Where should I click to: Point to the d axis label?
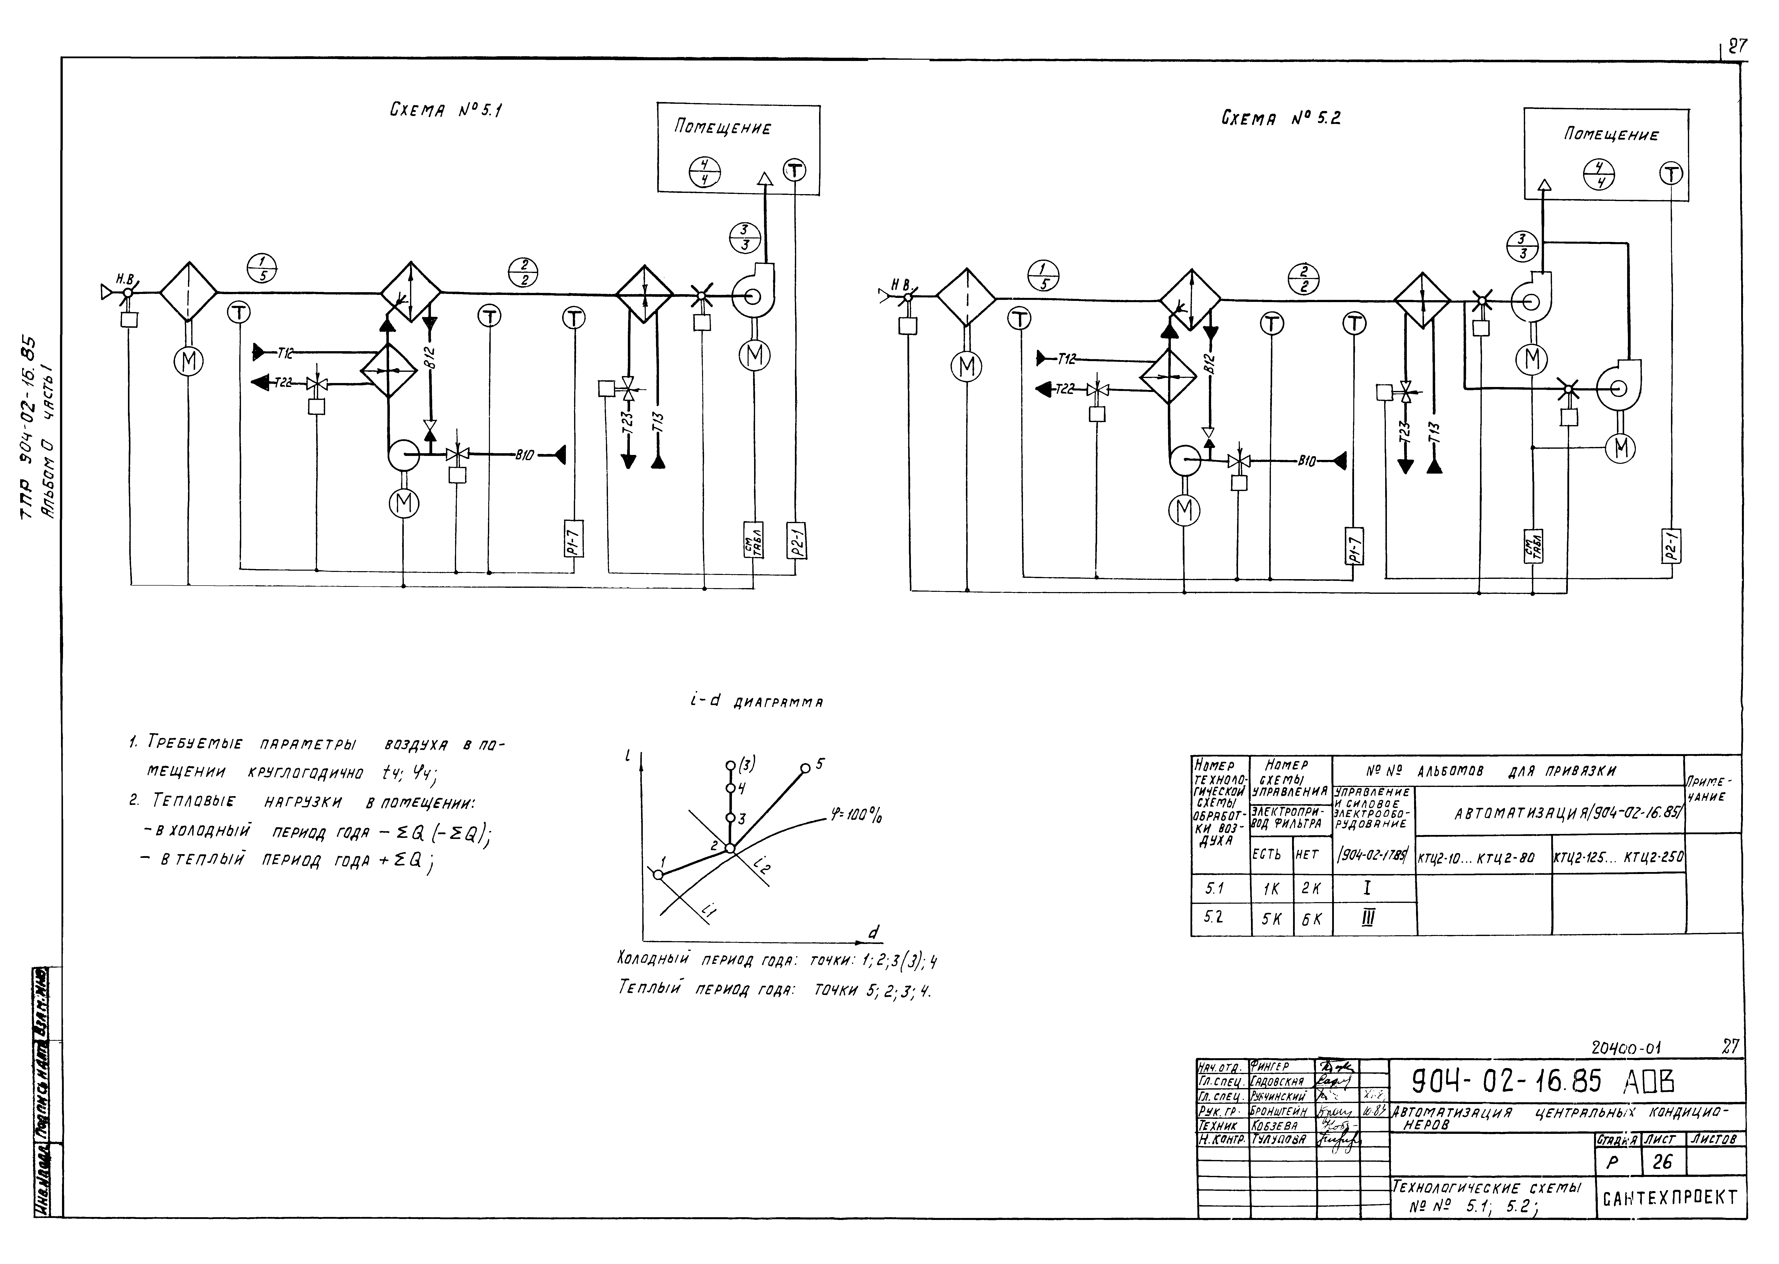point(874,933)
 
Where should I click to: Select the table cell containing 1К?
point(1271,888)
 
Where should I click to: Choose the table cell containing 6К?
point(1313,919)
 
